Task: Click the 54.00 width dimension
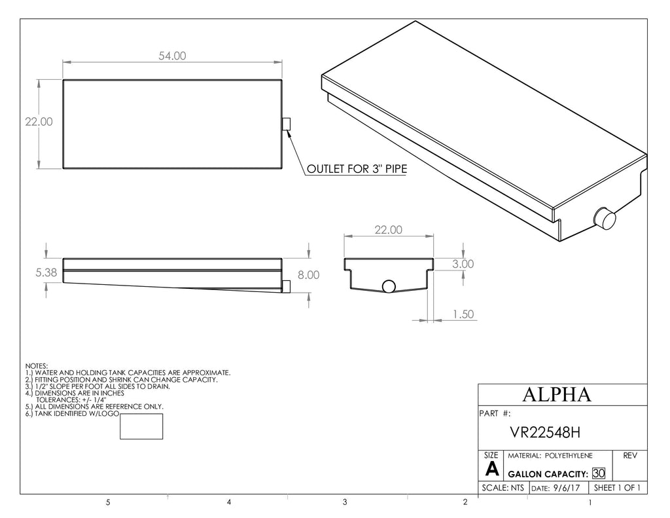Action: coord(172,56)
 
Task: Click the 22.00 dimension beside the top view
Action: coord(39,122)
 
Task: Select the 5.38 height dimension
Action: coord(46,272)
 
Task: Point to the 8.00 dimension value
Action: coord(309,275)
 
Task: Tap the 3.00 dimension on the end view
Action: coord(463,264)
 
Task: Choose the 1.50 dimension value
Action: coord(463,314)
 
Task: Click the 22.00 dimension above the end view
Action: coord(389,230)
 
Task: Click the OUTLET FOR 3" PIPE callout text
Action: coord(357,169)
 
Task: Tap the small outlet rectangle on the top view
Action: coord(287,124)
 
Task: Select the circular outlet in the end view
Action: coord(389,286)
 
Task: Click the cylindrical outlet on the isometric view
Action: coord(605,218)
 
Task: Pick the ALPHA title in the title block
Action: coord(557,394)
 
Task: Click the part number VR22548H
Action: coord(545,432)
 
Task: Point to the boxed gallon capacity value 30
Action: coord(599,473)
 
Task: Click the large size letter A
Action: coord(492,470)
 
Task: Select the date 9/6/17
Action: coord(567,488)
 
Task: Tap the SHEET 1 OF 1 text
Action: coord(617,488)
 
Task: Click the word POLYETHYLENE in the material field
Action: coord(569,456)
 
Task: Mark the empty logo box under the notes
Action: coord(141,426)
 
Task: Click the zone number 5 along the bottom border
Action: coord(108,502)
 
